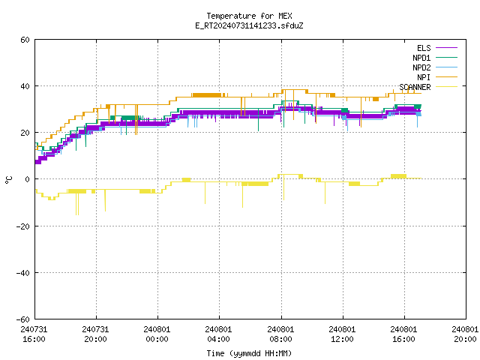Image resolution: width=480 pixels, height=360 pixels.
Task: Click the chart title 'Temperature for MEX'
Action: [x=249, y=16]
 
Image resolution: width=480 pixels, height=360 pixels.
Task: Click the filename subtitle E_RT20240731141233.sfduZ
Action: [x=249, y=25]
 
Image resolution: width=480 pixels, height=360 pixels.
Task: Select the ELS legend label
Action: [x=424, y=48]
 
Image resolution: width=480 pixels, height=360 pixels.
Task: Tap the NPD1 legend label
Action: [x=421, y=58]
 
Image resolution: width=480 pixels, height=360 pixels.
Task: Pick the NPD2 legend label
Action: [x=421, y=67]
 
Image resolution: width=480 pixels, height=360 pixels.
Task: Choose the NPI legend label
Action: [x=424, y=77]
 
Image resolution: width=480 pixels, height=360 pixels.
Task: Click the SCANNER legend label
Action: [x=415, y=87]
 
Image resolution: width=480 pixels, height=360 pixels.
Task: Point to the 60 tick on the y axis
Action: [x=25, y=40]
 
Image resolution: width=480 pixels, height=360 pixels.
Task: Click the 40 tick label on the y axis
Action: [x=25, y=86]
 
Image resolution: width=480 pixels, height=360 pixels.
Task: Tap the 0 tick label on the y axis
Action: [x=28, y=179]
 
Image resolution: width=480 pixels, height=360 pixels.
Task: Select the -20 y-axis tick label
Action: [x=23, y=226]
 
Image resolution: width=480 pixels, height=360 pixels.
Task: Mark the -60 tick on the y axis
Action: [x=23, y=319]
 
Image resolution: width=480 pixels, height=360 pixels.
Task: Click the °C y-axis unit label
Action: [x=8, y=180]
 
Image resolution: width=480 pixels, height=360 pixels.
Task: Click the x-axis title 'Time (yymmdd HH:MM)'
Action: [x=249, y=353]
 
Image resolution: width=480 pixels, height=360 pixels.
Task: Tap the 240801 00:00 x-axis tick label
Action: [x=157, y=334]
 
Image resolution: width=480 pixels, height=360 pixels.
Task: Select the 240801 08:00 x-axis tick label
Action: [x=280, y=334]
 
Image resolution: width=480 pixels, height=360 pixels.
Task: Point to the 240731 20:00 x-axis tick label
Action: [x=95, y=334]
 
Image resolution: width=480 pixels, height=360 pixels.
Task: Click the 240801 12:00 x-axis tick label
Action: [x=342, y=334]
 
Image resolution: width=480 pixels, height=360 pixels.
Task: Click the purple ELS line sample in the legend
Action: [x=447, y=48]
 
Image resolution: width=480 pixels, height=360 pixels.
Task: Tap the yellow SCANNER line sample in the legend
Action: [x=447, y=87]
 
